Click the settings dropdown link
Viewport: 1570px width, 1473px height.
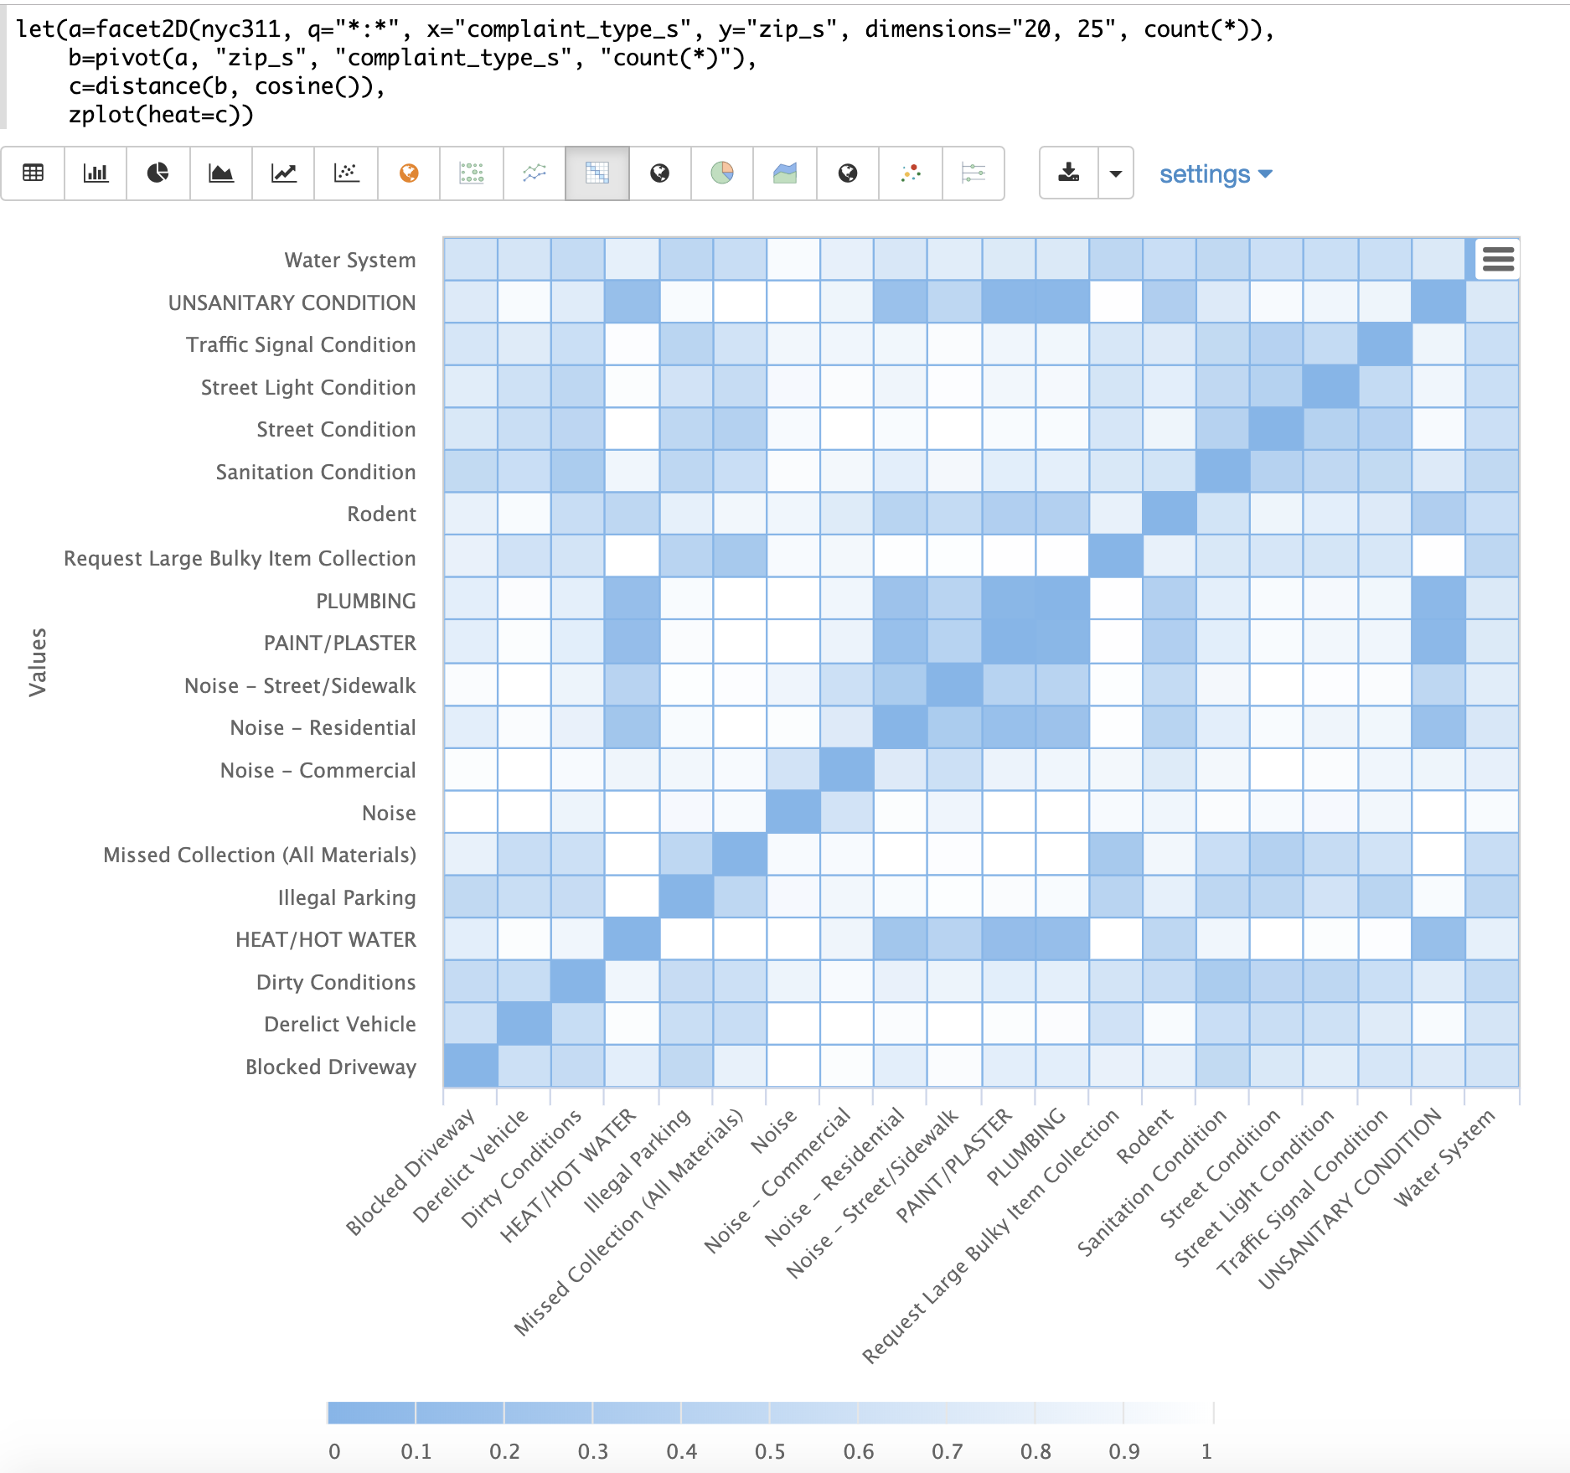coord(1215,174)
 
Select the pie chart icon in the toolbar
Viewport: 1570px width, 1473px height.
coord(158,173)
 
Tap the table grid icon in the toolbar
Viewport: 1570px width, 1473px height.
coord(34,173)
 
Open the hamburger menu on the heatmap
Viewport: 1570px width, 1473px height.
coord(1498,259)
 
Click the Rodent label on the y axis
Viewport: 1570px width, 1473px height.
coord(381,514)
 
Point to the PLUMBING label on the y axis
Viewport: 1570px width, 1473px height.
coord(365,601)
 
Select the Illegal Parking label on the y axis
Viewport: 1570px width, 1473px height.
coord(346,897)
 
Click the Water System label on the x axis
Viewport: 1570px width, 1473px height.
coord(1444,1157)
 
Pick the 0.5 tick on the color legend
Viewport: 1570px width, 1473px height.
coord(770,1451)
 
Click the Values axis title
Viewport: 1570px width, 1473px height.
coord(38,662)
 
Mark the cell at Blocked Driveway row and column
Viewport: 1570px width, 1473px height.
coord(471,1066)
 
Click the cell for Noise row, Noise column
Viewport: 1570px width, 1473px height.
coord(793,812)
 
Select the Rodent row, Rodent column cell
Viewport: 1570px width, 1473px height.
coord(1169,514)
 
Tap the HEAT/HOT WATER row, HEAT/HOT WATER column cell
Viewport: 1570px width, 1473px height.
coord(632,939)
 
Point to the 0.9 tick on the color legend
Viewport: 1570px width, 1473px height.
coord(1123,1451)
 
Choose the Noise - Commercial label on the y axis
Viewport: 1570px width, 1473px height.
coord(318,770)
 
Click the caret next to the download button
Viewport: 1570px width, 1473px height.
coord(1115,173)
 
